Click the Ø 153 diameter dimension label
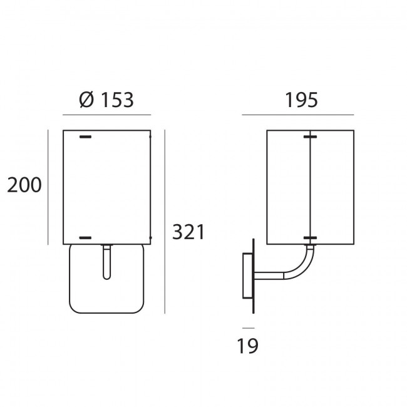click(x=106, y=100)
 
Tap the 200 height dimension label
click(x=24, y=185)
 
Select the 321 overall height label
click(x=188, y=232)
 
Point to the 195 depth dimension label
click(x=301, y=100)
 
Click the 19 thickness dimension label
click(x=247, y=346)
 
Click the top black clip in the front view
click(x=85, y=137)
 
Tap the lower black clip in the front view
click(x=85, y=238)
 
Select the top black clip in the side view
click(x=310, y=137)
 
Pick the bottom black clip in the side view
click(x=310, y=238)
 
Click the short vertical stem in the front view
click(x=106, y=262)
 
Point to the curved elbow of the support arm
click(x=301, y=265)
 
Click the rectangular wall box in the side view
click(x=247, y=276)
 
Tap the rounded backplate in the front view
click(x=106, y=279)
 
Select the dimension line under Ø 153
click(x=106, y=115)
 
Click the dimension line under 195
click(x=298, y=115)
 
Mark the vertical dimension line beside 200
click(x=48, y=187)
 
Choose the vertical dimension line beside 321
click(x=165, y=222)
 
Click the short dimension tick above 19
click(x=249, y=328)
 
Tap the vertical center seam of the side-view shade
click(x=310, y=187)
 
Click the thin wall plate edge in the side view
click(x=254, y=276)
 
